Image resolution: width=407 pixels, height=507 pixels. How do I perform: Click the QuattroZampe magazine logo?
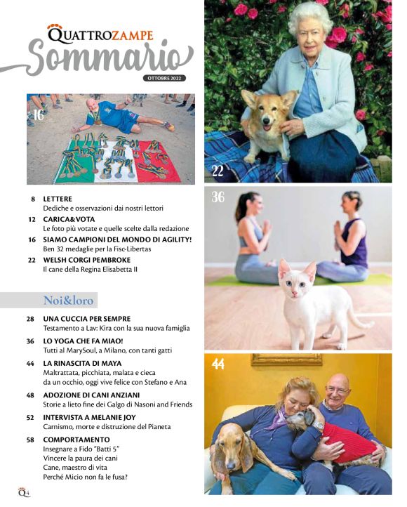click(x=100, y=34)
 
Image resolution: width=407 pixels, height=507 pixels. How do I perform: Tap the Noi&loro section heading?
click(x=68, y=301)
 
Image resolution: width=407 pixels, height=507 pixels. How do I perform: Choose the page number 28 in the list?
click(x=31, y=319)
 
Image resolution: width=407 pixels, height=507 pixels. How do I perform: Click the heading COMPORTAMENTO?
click(x=76, y=440)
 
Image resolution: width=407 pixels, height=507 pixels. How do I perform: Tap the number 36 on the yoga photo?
click(x=218, y=198)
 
